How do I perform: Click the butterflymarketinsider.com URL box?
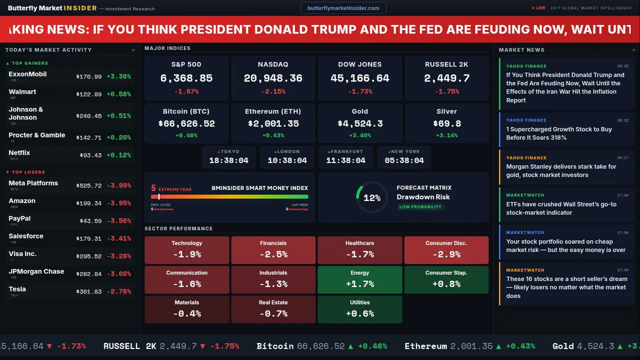pos(343,8)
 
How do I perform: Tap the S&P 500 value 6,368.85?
pos(186,78)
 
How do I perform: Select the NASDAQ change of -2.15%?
pos(273,91)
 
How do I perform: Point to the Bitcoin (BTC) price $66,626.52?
pos(186,123)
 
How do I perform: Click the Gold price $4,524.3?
pos(360,123)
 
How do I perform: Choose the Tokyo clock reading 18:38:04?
pos(228,160)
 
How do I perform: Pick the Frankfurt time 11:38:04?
pos(345,160)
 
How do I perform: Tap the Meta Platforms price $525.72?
pos(89,185)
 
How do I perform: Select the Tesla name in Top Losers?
pos(17,289)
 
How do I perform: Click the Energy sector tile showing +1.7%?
pos(360,279)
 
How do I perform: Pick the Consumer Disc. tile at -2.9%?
pos(446,250)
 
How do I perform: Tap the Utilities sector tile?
pos(360,309)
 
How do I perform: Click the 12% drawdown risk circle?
pos(372,198)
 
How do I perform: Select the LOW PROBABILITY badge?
pos(420,207)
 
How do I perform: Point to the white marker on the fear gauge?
pos(159,197)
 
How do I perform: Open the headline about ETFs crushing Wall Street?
pos(561,208)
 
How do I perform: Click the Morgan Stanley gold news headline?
pos(561,171)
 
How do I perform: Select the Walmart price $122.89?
pos(89,94)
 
